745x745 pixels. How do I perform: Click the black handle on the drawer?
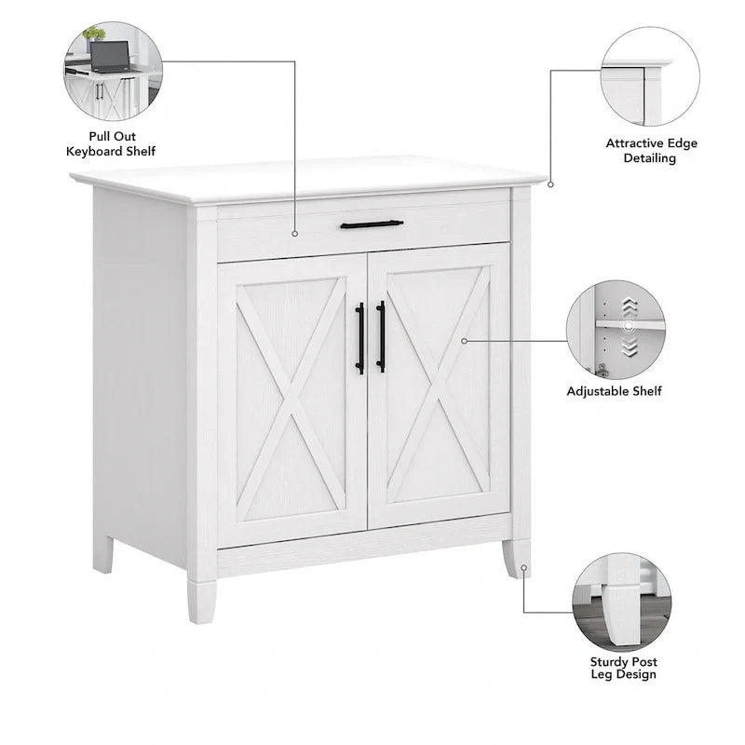(x=372, y=224)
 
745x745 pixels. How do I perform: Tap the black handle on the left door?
(x=360, y=338)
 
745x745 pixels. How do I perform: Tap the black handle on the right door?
(x=381, y=336)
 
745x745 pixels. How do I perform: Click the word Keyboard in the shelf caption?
(x=90, y=152)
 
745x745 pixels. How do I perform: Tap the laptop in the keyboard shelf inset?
(x=110, y=57)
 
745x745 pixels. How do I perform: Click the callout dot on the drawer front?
(x=295, y=234)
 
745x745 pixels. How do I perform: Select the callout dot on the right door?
(x=464, y=341)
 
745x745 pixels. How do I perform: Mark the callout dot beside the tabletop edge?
(x=550, y=184)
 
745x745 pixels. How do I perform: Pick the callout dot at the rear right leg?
(x=523, y=568)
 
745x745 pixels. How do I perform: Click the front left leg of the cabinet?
(x=202, y=601)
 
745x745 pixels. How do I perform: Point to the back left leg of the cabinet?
(x=103, y=554)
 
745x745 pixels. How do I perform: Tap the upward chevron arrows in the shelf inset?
(x=630, y=307)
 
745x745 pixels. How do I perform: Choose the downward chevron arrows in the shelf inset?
(x=630, y=346)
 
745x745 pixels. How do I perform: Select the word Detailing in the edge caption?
(x=649, y=158)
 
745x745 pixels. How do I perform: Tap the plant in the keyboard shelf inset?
(x=94, y=34)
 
